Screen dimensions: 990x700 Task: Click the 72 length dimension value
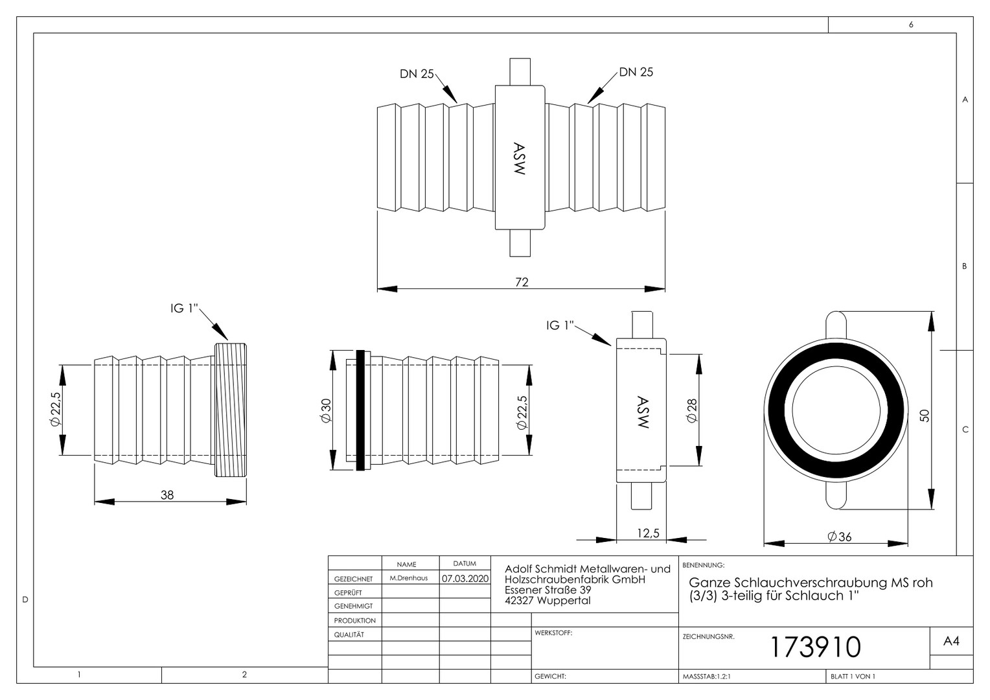click(522, 282)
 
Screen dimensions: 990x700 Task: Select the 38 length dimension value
click(167, 495)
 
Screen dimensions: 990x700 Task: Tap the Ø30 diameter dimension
click(326, 411)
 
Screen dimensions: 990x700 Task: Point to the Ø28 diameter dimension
click(692, 411)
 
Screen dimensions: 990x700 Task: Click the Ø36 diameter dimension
click(839, 537)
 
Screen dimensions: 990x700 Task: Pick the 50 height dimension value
click(924, 415)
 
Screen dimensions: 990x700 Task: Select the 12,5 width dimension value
click(648, 533)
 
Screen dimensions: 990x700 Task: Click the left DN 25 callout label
click(417, 74)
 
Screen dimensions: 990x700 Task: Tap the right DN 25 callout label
click(636, 72)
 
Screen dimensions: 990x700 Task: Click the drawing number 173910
click(816, 647)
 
